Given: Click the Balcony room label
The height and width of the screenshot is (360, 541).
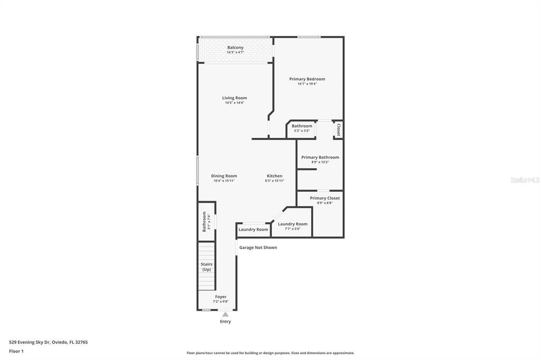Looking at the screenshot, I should tap(235, 48).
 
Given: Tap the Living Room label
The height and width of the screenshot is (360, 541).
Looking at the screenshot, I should tap(234, 98).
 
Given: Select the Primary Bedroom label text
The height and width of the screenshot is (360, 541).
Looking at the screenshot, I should tap(307, 79).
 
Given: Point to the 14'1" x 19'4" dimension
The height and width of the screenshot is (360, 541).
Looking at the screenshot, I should tap(307, 84).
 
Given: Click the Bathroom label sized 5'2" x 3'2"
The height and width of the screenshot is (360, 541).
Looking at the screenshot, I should tap(302, 126).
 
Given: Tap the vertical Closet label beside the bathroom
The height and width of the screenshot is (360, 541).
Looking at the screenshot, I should tap(338, 130).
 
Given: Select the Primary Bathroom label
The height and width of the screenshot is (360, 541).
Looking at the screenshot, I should tap(320, 157).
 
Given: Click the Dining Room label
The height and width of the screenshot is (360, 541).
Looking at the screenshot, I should tap(224, 176).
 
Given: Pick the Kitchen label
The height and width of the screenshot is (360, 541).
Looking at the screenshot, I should tap(274, 176).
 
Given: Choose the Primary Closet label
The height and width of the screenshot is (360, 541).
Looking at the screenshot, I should tap(325, 198).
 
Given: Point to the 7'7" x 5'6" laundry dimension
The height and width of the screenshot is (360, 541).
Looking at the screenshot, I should tap(293, 229).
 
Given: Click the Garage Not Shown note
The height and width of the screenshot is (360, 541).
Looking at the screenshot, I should tap(258, 248).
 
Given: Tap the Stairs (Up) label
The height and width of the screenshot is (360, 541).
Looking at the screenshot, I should tap(206, 267).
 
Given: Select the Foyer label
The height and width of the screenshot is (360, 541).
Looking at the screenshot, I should tap(220, 297).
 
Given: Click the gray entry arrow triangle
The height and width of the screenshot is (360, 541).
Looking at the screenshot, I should tap(225, 314).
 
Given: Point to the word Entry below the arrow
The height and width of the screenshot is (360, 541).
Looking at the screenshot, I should tap(225, 321).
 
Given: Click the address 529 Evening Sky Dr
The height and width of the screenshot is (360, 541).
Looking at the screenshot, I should tap(48, 342).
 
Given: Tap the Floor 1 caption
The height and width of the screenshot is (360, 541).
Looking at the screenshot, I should tap(16, 351).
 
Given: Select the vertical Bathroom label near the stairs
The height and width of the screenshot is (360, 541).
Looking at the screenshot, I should tap(204, 222).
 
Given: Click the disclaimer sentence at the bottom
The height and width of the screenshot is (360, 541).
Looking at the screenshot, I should tap(270, 353).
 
